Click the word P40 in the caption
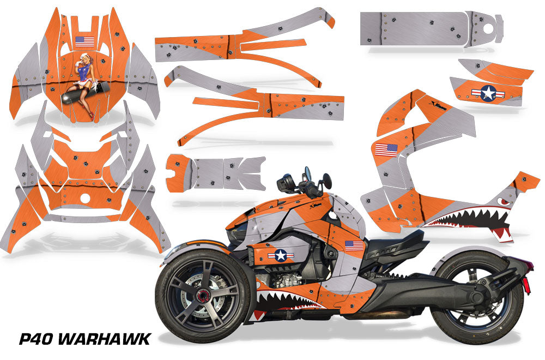tap(35, 338)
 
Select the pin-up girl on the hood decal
tap(85, 86)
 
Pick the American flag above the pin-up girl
tap(85, 42)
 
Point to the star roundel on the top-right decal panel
tap(489, 93)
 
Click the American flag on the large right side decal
tap(386, 150)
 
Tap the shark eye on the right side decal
tap(503, 201)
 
